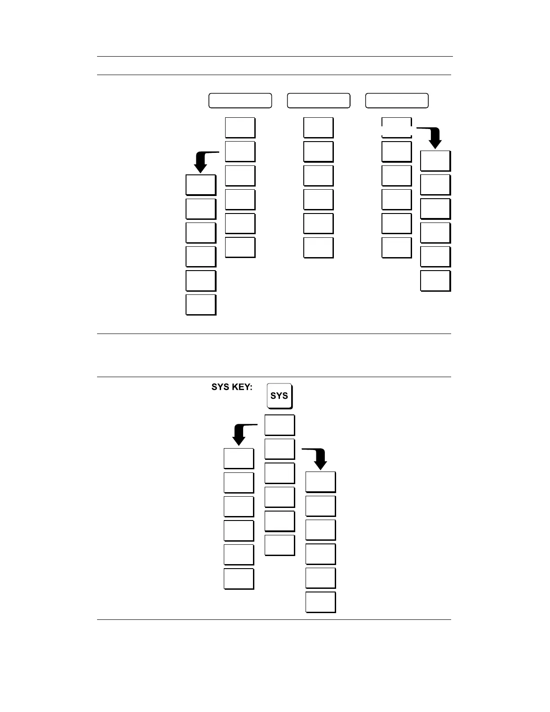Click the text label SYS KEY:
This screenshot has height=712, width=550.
click(231, 387)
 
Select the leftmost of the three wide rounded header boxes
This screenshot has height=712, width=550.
click(240, 101)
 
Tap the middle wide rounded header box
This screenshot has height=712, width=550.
click(318, 101)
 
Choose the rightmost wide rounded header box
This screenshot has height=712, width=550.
click(396, 101)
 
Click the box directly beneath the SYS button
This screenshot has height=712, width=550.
click(279, 425)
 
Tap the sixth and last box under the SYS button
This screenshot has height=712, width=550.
click(279, 545)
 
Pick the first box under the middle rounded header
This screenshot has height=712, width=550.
click(318, 128)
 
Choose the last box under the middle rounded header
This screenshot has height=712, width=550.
click(318, 247)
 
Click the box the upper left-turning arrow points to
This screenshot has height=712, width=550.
click(200, 185)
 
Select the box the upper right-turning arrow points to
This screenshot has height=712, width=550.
click(435, 161)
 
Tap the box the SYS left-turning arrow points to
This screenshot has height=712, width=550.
click(239, 458)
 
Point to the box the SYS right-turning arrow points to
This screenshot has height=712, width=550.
click(320, 482)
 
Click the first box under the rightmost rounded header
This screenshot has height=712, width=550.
click(396, 128)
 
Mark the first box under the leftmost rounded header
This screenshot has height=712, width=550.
click(240, 128)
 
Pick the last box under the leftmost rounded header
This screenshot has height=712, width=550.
click(240, 247)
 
